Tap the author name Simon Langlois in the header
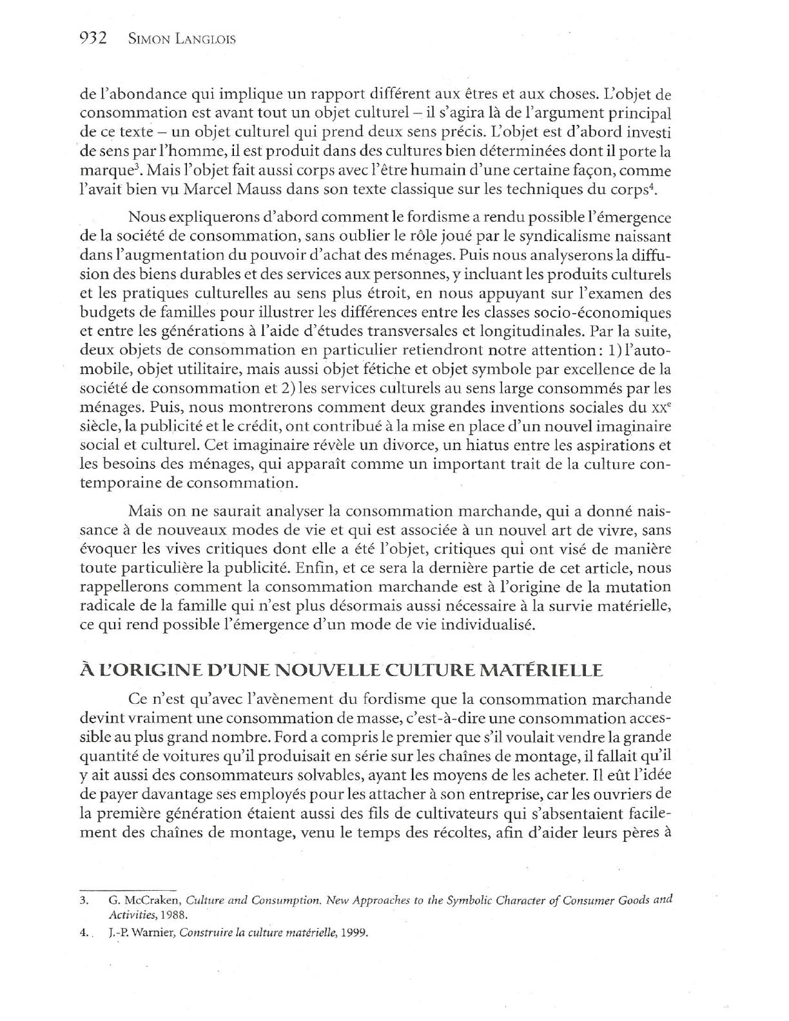[182, 39]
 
